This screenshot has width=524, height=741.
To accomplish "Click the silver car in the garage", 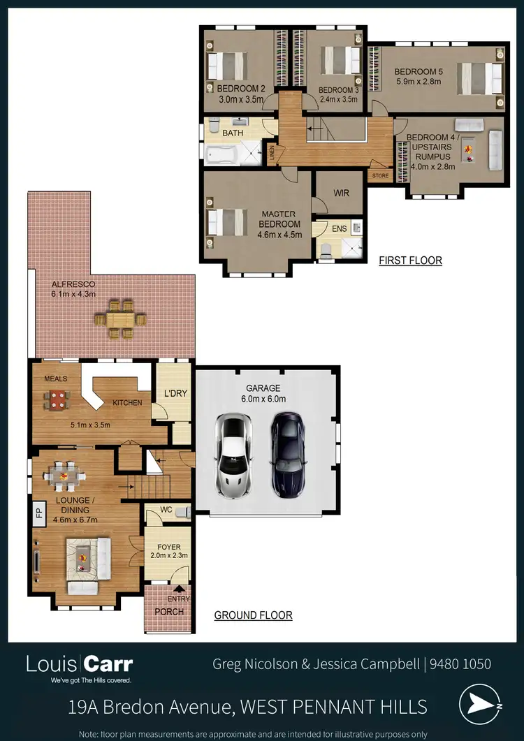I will pyautogui.click(x=233, y=454).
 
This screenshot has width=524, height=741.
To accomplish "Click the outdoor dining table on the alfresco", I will pyautogui.click(x=122, y=319).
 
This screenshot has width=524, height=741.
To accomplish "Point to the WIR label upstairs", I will pyautogui.click(x=341, y=193).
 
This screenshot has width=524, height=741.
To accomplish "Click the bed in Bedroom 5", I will pyautogui.click(x=480, y=79).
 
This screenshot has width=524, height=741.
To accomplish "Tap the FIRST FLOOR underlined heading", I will pyautogui.click(x=410, y=261).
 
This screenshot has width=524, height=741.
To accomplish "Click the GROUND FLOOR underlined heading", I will pyautogui.click(x=253, y=615).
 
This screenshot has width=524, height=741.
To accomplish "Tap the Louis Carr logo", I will pyautogui.click(x=79, y=667).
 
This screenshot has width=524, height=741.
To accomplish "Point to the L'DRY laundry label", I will pyautogui.click(x=175, y=393).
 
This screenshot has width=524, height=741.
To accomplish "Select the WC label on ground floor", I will pyautogui.click(x=166, y=511).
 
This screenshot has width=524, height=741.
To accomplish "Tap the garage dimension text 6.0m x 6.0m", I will pyautogui.click(x=263, y=399).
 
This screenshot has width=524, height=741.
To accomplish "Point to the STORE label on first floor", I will pyautogui.click(x=379, y=176).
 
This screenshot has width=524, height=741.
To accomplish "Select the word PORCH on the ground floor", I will pyautogui.click(x=169, y=612).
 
